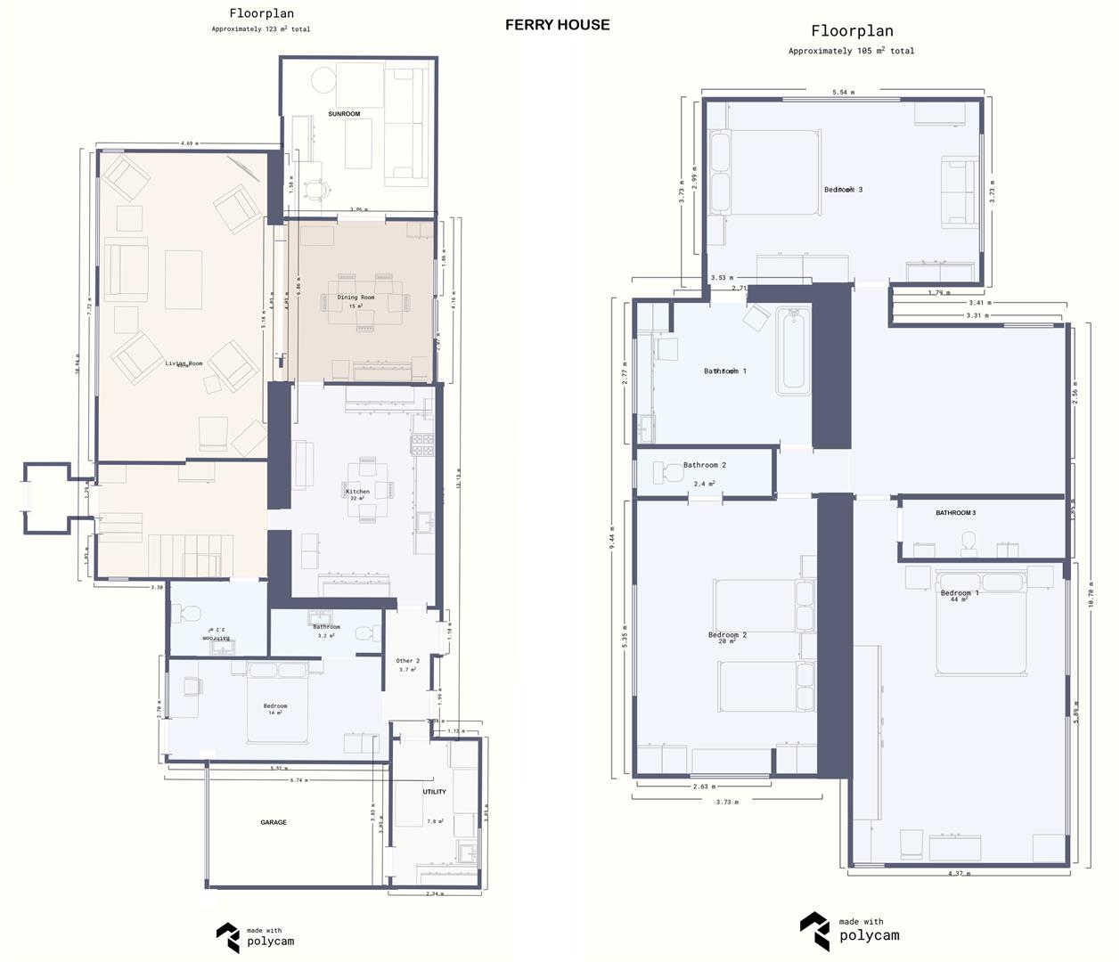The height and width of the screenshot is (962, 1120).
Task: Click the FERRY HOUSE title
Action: tap(557, 25)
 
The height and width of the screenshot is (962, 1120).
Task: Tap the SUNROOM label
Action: tap(344, 114)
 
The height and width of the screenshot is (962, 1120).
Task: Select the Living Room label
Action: tap(184, 363)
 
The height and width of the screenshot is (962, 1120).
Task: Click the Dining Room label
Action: tap(356, 298)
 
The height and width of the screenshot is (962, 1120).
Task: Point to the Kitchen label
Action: tap(357, 492)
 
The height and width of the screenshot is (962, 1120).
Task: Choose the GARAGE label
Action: tap(274, 822)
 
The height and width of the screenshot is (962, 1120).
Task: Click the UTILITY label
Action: tap(434, 792)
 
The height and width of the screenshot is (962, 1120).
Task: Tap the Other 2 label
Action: tap(407, 661)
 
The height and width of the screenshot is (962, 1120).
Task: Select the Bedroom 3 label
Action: tap(843, 190)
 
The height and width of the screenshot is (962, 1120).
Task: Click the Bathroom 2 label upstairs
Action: tap(704, 465)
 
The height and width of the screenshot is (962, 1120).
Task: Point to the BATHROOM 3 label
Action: tap(955, 513)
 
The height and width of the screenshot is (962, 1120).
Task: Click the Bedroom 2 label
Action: tap(727, 635)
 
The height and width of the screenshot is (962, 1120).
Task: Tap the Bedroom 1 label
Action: tap(960, 593)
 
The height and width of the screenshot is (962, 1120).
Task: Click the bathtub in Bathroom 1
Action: tap(793, 351)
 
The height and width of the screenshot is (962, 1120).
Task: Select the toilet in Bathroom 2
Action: tap(666, 472)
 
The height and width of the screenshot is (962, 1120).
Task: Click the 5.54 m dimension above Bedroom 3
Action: tap(843, 92)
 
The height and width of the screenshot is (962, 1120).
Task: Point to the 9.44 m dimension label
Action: tap(612, 538)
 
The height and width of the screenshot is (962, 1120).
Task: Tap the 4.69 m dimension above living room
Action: tap(189, 143)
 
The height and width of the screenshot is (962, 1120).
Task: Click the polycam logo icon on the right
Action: tap(814, 931)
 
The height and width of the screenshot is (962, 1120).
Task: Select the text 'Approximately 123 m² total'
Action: tap(261, 29)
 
